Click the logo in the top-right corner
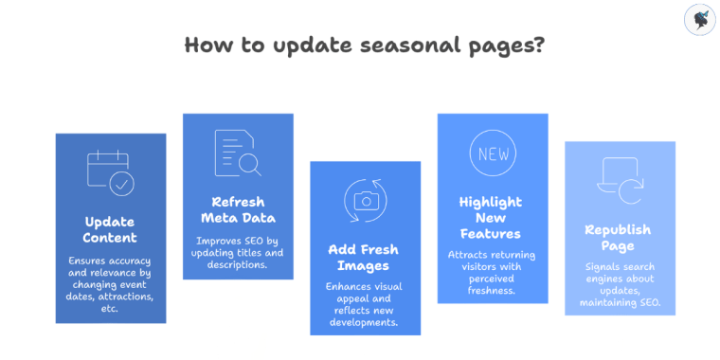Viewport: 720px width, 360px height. (x=699, y=21)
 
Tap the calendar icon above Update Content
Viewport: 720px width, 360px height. (x=110, y=172)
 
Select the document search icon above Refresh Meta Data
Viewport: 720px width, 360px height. (x=238, y=153)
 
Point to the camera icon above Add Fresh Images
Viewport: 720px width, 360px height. (x=365, y=200)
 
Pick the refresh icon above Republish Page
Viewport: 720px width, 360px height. (x=620, y=181)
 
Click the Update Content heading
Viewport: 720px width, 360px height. (x=110, y=229)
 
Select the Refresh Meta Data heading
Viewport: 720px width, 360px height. (x=238, y=209)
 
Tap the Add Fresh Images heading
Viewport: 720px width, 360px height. (x=365, y=258)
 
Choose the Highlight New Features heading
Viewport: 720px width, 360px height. (x=492, y=217)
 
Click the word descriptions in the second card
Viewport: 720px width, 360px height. (x=238, y=264)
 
